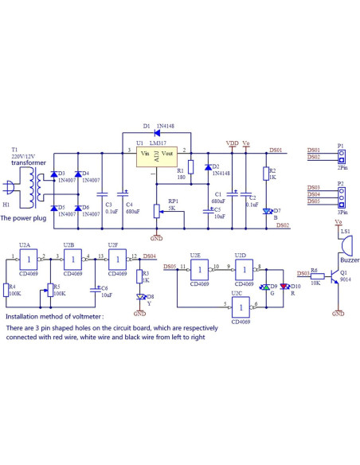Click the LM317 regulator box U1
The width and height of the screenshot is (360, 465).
click(x=156, y=156)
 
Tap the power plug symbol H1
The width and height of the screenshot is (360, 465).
click(x=10, y=190)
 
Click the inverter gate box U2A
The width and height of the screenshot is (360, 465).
click(x=29, y=260)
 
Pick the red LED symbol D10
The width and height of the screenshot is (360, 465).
click(x=284, y=287)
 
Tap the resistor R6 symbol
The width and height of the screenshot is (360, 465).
click(x=318, y=274)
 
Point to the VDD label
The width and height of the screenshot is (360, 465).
click(x=232, y=144)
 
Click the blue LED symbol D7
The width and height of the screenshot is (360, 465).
click(x=268, y=211)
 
